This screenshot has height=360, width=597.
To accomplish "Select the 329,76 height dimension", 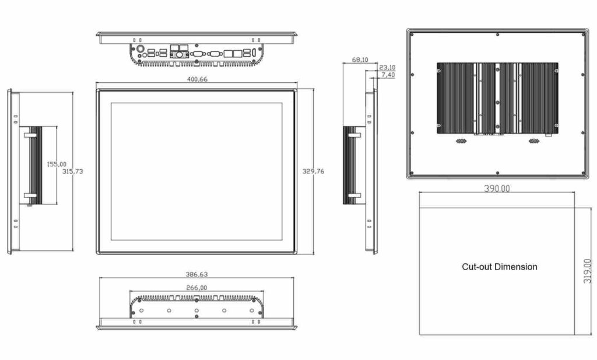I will coord(313,172).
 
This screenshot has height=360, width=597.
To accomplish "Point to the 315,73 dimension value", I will coord(72,171).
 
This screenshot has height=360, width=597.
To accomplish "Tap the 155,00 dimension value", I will coord(57,165).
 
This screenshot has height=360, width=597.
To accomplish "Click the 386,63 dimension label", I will coord(196,274).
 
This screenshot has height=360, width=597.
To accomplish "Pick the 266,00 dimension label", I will coord(196,287).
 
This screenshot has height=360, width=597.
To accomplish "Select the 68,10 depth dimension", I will coord(360,60).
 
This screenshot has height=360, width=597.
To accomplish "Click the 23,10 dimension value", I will coord(387,67).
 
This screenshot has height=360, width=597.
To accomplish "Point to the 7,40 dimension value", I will coord(387,75).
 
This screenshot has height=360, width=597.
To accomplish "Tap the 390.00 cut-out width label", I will coord(497,188).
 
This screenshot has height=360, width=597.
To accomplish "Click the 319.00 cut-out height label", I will coord(586,271).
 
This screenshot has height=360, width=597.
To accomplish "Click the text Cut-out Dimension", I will coord(499,267).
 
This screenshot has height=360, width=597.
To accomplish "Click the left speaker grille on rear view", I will coord(461,141).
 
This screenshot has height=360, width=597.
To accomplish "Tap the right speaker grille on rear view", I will coord(533,141).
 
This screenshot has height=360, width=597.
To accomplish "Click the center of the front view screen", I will coord(196,172).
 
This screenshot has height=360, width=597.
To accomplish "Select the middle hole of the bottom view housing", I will coord(196,310).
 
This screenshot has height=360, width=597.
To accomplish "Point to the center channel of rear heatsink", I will coord(497,98).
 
